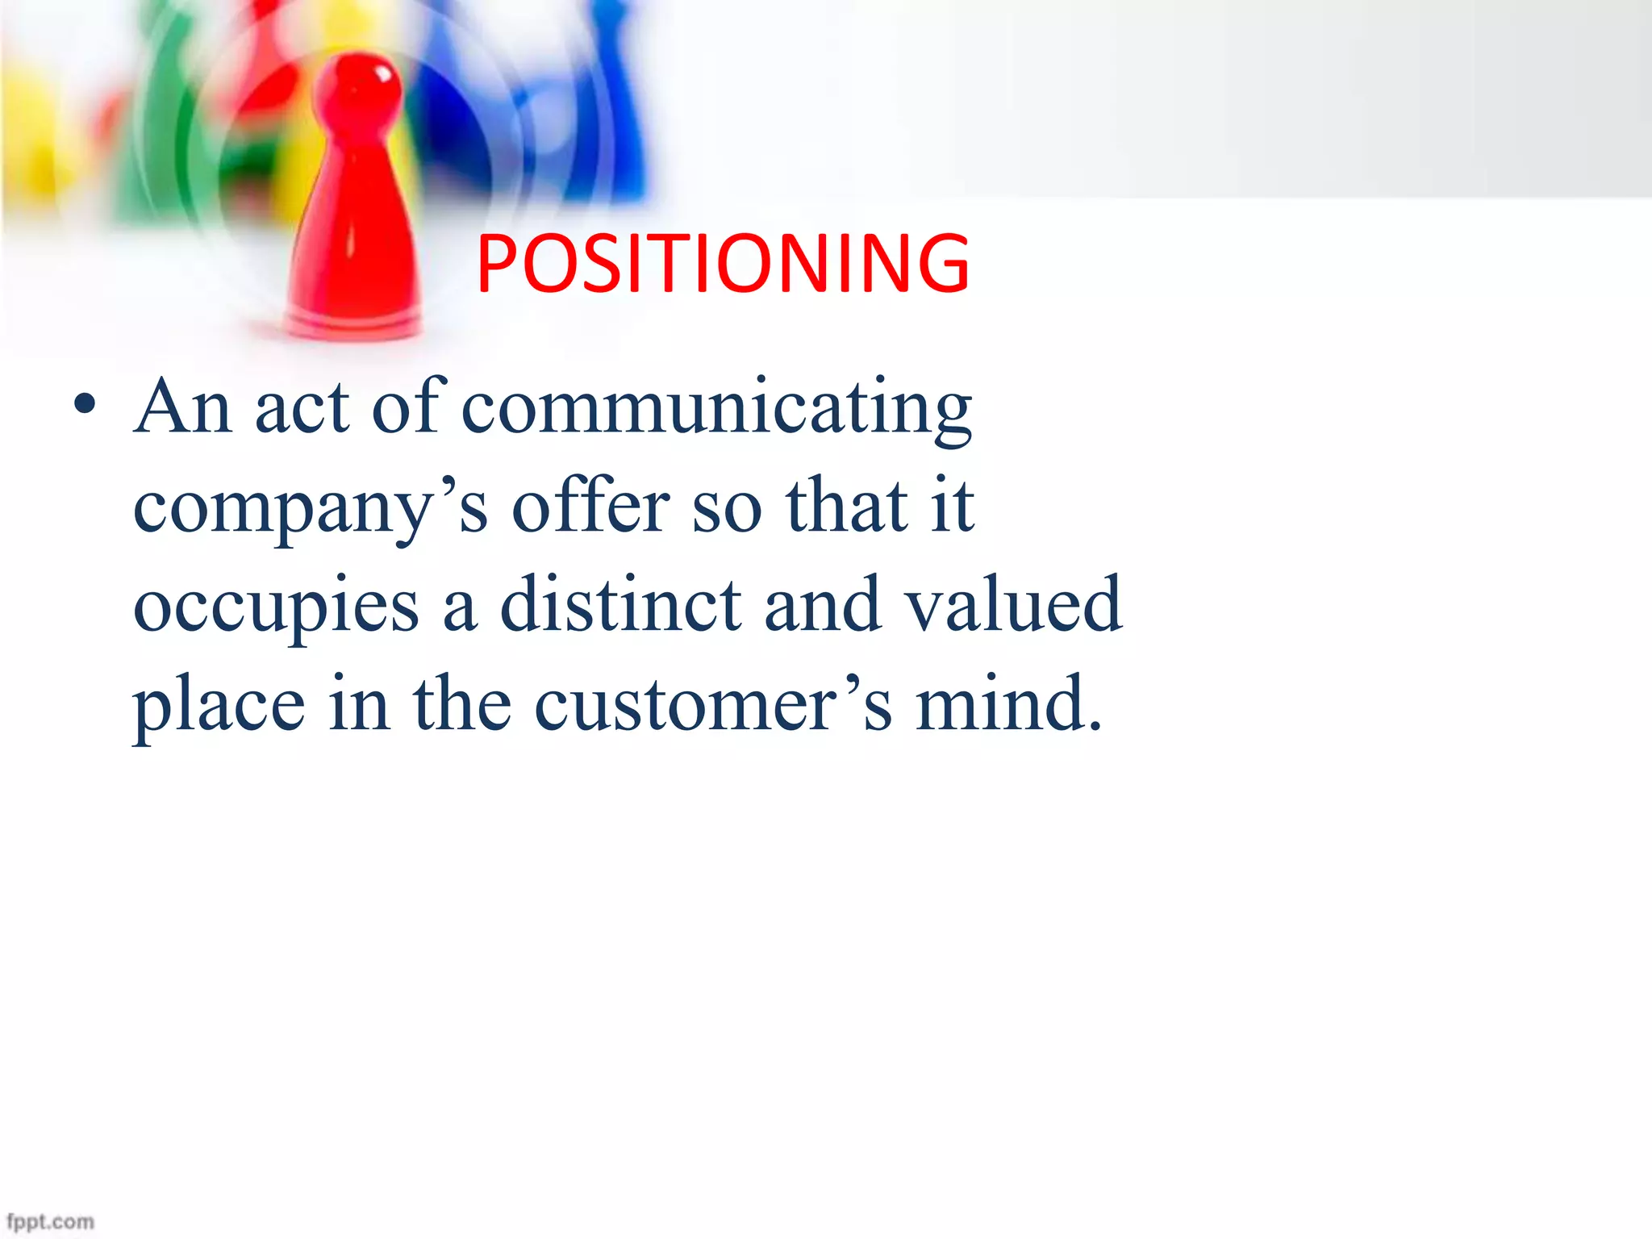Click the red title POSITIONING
pos(723,263)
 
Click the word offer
pos(590,507)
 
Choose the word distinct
pos(620,604)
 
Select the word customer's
pos(713,704)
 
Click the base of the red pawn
pos(353,323)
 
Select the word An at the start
pos(183,407)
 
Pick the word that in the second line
pos(847,507)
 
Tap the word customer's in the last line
pos(713,704)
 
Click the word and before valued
pos(822,604)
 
